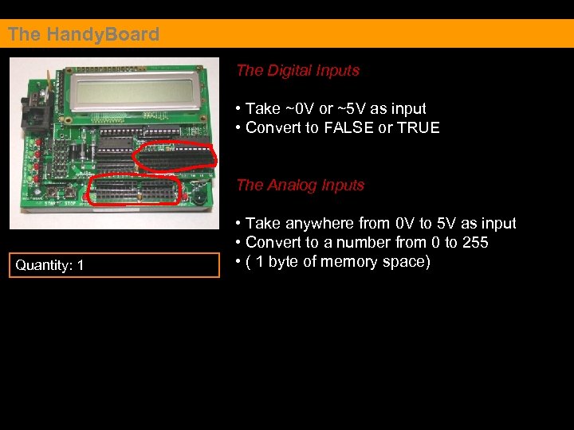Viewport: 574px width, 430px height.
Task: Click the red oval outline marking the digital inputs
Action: click(x=175, y=156)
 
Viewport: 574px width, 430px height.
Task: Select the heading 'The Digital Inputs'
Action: click(x=297, y=70)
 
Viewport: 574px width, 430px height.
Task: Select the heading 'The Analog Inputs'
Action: click(x=300, y=185)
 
